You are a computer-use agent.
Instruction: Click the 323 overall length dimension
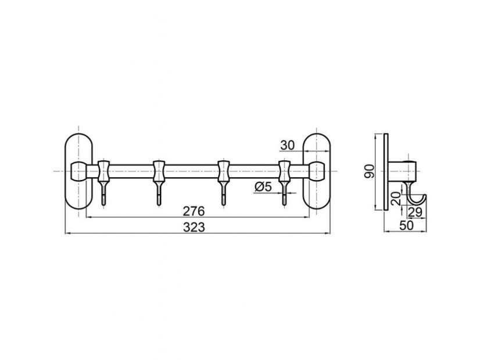[x=194, y=227]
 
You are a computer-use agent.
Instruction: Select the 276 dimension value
[x=194, y=211]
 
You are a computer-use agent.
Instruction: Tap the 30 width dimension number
[x=287, y=146]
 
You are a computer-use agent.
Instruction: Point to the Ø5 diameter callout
[x=263, y=186]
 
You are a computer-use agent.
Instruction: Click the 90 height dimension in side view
[x=370, y=171]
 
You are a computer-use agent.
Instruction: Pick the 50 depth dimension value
[x=406, y=225]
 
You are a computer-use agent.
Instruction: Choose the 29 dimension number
[x=415, y=212]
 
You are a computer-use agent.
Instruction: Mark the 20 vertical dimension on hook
[x=396, y=199]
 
